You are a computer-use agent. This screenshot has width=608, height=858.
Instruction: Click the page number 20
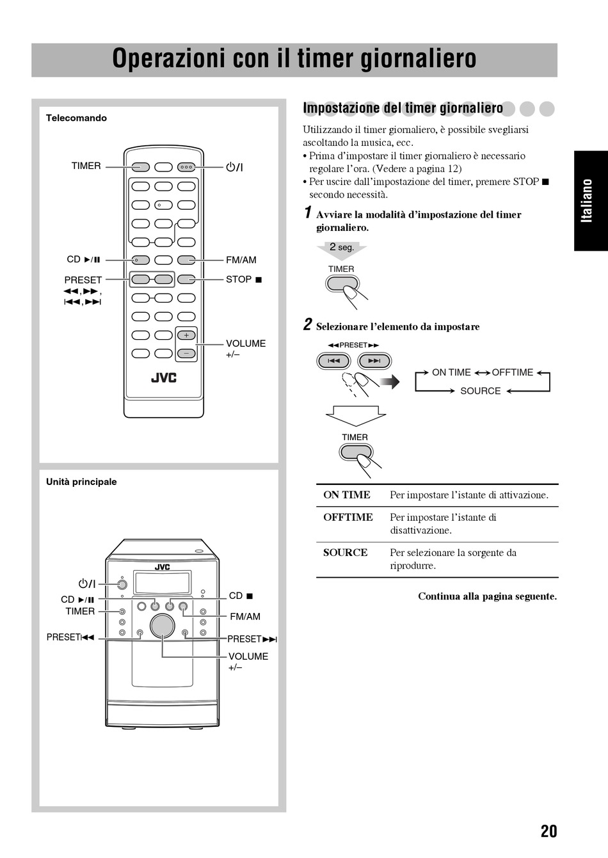click(x=548, y=831)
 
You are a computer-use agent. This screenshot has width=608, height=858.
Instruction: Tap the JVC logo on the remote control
click(x=163, y=377)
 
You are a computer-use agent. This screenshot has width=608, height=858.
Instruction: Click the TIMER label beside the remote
click(x=86, y=166)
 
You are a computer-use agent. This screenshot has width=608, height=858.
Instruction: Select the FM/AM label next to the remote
click(x=241, y=260)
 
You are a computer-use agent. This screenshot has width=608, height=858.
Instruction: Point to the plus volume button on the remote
click(x=186, y=335)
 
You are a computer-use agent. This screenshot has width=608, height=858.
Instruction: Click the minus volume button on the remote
click(x=186, y=353)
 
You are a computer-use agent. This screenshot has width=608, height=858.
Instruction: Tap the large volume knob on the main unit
click(x=163, y=626)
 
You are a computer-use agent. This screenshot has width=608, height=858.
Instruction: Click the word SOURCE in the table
click(x=345, y=553)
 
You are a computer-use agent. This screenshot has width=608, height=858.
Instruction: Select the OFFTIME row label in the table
click(x=348, y=518)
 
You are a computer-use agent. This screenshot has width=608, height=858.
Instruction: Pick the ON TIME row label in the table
click(x=346, y=495)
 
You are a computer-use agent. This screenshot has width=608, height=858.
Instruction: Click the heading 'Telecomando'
click(x=76, y=118)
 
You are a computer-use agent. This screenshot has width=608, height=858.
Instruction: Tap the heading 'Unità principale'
click(x=81, y=482)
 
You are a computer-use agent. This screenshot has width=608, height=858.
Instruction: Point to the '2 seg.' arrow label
click(x=342, y=248)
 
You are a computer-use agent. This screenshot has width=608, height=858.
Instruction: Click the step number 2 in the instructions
click(x=308, y=325)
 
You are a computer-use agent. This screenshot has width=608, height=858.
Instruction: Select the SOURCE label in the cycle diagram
click(x=480, y=391)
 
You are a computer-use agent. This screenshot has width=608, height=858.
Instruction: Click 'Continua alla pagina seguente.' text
click(x=487, y=596)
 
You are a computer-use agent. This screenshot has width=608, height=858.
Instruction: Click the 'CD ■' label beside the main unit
click(x=241, y=596)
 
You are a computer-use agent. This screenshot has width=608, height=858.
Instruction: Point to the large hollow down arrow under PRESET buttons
click(x=356, y=415)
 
